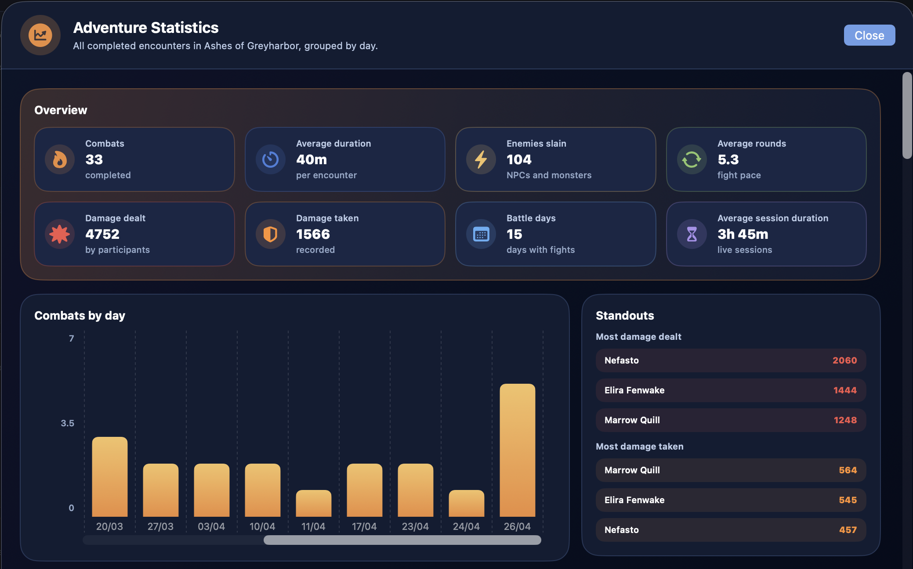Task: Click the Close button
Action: click(x=869, y=35)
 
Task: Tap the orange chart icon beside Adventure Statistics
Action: click(x=40, y=35)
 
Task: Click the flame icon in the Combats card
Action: click(x=60, y=159)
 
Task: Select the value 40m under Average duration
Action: click(x=311, y=159)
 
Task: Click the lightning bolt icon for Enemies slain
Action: click(x=481, y=159)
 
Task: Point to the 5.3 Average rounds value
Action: click(x=728, y=159)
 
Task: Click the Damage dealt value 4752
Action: click(x=102, y=234)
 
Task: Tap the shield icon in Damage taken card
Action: click(x=270, y=234)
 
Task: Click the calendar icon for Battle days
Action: click(x=481, y=234)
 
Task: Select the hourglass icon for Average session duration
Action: click(x=692, y=234)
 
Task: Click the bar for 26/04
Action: click(x=517, y=450)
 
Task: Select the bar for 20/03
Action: click(x=109, y=476)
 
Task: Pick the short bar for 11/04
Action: click(x=313, y=503)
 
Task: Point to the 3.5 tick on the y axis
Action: click(x=67, y=423)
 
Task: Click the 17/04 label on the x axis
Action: click(x=364, y=526)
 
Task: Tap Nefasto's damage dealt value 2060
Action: click(x=844, y=360)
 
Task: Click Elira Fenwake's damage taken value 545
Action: click(x=848, y=500)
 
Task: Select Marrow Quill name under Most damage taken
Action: click(x=632, y=470)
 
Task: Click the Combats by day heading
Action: click(x=80, y=316)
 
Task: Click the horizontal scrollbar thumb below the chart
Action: click(x=402, y=540)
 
